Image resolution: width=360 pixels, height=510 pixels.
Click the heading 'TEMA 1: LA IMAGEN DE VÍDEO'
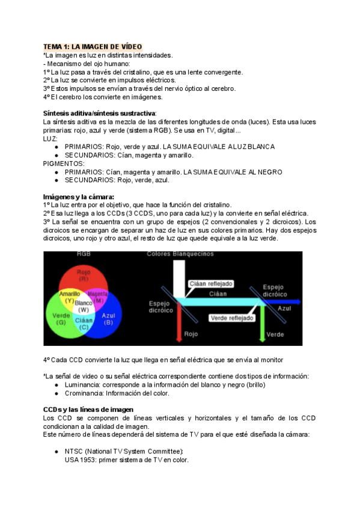tap(93, 46)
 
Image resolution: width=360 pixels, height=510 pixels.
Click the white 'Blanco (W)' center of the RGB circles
tap(84, 306)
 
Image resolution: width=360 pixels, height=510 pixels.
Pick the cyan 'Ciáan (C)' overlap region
tap(84, 324)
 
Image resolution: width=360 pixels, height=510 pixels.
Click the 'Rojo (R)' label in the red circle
tap(84, 275)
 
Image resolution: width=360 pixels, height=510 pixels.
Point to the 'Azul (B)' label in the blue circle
tap(108, 319)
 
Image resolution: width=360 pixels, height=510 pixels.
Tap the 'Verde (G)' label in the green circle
tap(60, 319)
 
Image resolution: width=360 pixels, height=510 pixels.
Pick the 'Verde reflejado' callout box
tap(231, 318)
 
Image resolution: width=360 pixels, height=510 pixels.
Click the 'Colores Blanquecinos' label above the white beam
tap(180, 254)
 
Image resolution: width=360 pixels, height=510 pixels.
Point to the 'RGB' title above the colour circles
tap(84, 254)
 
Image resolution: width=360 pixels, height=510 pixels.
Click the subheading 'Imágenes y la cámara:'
tap(79, 197)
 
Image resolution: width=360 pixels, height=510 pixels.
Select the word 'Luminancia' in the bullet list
tap(82, 385)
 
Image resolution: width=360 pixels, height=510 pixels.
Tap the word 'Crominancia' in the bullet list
tap(84, 393)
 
